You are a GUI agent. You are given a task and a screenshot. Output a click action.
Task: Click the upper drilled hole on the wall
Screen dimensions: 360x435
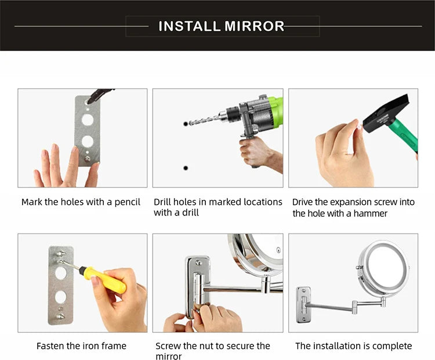point(186,124)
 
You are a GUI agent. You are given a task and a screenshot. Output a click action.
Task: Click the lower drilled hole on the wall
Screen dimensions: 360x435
point(186,168)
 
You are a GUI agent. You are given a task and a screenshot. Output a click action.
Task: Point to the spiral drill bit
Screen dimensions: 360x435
point(206,120)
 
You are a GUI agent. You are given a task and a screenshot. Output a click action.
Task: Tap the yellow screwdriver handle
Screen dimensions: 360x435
point(110,280)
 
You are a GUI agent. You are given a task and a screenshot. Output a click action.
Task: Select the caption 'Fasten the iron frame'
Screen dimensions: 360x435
point(81,346)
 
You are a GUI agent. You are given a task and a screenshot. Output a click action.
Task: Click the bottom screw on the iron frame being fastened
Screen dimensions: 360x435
point(60,316)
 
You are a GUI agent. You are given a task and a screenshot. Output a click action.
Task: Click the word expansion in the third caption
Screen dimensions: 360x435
point(350,202)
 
